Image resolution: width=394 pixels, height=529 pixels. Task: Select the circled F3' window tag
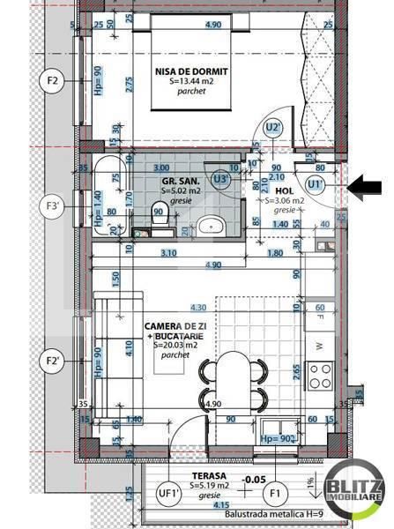tap(52, 209)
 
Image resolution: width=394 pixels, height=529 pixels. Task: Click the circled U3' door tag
tap(222, 179)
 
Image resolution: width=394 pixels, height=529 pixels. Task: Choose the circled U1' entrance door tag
tap(315, 184)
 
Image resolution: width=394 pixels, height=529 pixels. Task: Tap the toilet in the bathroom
tap(158, 214)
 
